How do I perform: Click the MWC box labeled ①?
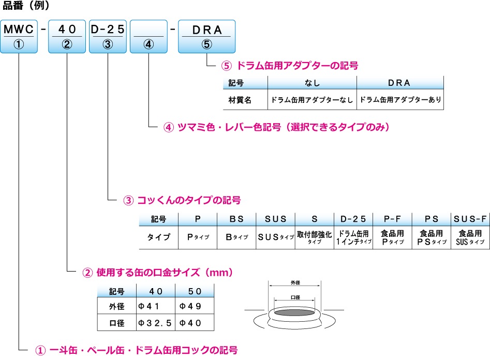[19, 36]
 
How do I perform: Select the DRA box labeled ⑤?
[206, 36]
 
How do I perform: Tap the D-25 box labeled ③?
[108, 36]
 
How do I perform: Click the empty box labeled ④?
[149, 36]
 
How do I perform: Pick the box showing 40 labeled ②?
[67, 36]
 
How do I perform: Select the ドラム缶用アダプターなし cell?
[311, 100]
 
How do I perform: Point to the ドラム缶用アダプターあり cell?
[400, 100]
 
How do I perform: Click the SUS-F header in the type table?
[469, 219]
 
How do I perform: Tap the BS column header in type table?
[236, 219]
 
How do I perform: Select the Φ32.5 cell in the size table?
[155, 323]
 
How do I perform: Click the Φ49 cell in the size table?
[195, 306]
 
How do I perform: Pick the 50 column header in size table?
[195, 291]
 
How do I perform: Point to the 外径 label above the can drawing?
[295, 283]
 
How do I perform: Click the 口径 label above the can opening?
[295, 298]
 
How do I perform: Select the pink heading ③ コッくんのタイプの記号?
[182, 200]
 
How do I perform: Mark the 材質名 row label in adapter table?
[240, 100]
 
